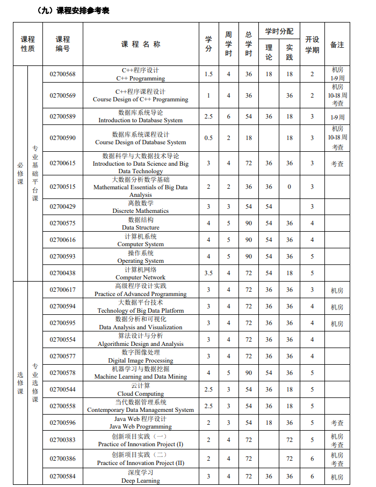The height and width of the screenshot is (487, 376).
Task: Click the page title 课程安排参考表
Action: (73, 10)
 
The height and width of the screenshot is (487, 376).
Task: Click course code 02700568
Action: (63, 74)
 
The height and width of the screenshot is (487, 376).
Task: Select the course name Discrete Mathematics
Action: (141, 207)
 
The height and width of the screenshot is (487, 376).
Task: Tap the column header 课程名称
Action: (141, 44)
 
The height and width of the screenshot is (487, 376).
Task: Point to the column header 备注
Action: (337, 45)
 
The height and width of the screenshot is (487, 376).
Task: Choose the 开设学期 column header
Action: (312, 45)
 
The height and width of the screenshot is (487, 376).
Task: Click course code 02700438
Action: (63, 273)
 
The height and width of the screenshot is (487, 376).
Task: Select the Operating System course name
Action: (141, 257)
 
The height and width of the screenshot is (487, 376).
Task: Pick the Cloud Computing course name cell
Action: (141, 389)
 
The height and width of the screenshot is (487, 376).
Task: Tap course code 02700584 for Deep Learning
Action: (63, 476)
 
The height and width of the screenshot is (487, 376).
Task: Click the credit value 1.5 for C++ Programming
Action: (208, 74)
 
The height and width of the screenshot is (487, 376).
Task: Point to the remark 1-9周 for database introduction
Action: (337, 117)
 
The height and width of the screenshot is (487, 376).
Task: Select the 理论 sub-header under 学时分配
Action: (269, 53)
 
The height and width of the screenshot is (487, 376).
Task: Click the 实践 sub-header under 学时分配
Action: (290, 53)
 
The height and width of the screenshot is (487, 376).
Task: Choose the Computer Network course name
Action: (141, 274)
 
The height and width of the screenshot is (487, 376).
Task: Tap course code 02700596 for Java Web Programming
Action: (63, 423)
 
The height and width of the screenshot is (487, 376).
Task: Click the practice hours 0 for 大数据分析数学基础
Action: (290, 187)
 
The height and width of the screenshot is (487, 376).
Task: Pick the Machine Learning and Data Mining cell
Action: (141, 373)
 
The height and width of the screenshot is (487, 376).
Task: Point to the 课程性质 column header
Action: (28, 44)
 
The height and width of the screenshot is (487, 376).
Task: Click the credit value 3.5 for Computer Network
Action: (208, 273)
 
